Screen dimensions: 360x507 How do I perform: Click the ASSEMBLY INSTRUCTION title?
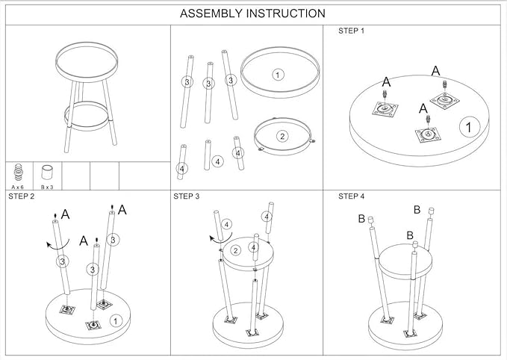tap(253, 13)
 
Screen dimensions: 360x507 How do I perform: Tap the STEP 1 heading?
tap(352, 31)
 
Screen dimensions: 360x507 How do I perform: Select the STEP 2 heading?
tap(21, 196)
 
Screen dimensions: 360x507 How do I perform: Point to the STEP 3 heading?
tap(187, 196)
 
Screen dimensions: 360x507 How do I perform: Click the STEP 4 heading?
tap(352, 196)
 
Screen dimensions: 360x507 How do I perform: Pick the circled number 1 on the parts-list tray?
tap(278, 75)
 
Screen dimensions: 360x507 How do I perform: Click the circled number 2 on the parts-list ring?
tap(282, 136)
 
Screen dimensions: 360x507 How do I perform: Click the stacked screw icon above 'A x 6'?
tap(16, 173)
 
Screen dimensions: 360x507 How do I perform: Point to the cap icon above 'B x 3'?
tap(49, 173)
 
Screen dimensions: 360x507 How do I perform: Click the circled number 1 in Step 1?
tap(468, 127)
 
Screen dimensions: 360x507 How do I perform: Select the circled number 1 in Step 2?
tap(115, 320)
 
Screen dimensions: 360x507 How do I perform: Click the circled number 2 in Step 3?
tap(235, 250)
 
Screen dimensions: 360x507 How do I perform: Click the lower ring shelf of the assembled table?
tap(87, 117)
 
